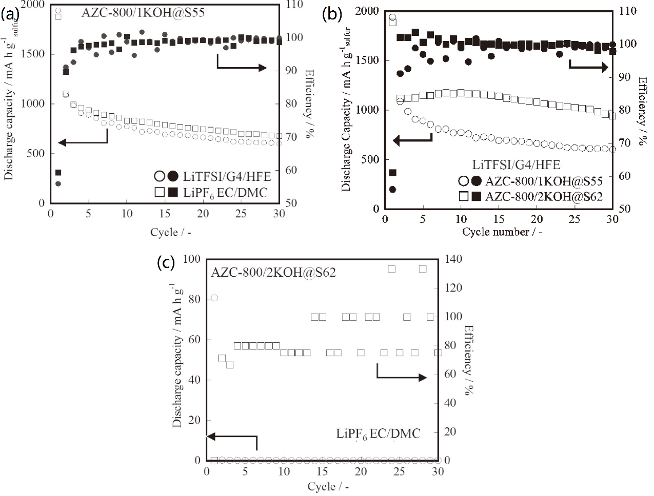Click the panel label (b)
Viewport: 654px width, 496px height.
pos(331,14)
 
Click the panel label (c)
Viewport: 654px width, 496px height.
pos(166,262)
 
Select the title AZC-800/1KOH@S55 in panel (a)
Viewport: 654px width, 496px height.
pos(143,12)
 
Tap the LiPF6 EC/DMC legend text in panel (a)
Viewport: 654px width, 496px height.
pos(226,193)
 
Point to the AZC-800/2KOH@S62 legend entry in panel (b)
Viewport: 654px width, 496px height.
pos(544,196)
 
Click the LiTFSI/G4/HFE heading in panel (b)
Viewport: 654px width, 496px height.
pos(516,165)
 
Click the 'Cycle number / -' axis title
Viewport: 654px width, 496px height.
pos(502,232)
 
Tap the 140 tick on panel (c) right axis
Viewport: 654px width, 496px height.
pos(453,259)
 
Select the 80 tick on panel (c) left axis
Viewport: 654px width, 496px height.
pos(195,299)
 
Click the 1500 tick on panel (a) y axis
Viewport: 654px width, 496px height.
pos(34,54)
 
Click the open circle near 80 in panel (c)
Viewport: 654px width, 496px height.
pos(214,298)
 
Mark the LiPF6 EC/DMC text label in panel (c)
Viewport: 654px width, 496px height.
pos(378,433)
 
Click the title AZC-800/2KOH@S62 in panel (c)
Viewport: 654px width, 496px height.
pos(273,272)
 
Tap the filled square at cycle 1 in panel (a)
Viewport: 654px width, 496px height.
pos(58,173)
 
